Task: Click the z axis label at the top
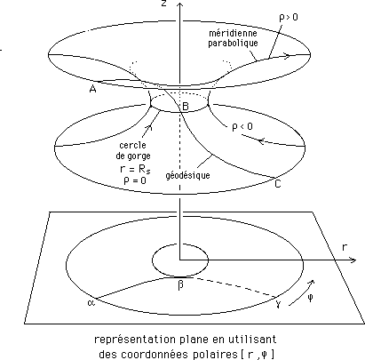pos(163,4)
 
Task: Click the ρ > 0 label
pos(289,18)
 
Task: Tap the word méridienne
pos(233,33)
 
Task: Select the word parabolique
pos(233,43)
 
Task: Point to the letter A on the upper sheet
pos(92,89)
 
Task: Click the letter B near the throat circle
pos(186,106)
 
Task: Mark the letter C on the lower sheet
pos(278,184)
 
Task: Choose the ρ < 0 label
pos(242,127)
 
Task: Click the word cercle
pos(132,145)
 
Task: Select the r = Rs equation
pos(135,169)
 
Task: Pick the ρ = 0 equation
pos(135,180)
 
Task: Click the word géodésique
pos(187,175)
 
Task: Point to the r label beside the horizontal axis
pos(345,247)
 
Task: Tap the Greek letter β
pos(180,285)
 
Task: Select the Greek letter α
pos(91,302)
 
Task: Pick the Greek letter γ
pos(278,303)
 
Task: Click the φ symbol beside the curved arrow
pos(310,298)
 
